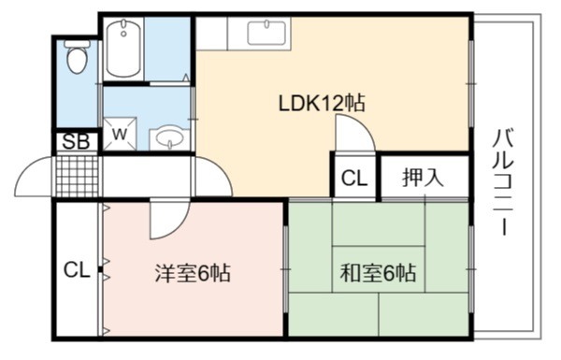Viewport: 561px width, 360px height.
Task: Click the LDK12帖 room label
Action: pos(322,104)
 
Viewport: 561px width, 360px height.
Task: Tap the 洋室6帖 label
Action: pos(193,274)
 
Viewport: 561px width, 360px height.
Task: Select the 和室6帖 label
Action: pos(378,273)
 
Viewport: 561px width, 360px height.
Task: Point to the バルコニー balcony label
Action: pos(504,182)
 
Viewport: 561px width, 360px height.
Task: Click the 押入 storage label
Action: pos(423,177)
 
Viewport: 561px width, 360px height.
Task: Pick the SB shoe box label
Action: pos(76,142)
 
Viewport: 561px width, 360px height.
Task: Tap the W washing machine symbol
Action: pos(120,135)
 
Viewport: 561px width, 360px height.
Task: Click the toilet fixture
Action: pos(77,57)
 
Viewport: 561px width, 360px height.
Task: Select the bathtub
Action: pos(123,49)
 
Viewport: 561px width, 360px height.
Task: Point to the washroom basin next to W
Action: pos(169,137)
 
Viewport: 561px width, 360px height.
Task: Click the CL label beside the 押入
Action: pos(354,178)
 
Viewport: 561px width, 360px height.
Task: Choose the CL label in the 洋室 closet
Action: pos(77,270)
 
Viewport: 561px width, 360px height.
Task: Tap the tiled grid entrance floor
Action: pos(78,176)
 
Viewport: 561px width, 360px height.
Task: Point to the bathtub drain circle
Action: pos(123,34)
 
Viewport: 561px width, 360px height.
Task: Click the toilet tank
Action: pos(77,43)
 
